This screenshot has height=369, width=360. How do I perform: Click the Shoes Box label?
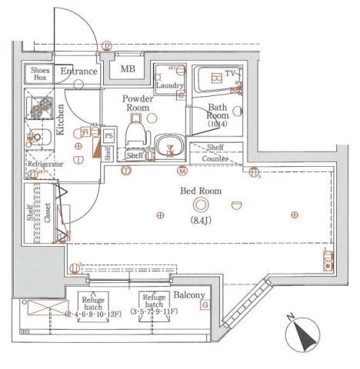40,73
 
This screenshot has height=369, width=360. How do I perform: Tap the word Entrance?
79,71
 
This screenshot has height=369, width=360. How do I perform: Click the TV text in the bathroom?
228,75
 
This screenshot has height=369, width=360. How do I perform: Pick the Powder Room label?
138,104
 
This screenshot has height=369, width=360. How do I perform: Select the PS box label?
108,136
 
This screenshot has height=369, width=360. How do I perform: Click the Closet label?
47,211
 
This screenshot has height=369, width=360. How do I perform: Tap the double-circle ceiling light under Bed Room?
202,204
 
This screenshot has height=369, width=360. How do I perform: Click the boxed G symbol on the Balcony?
205,305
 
